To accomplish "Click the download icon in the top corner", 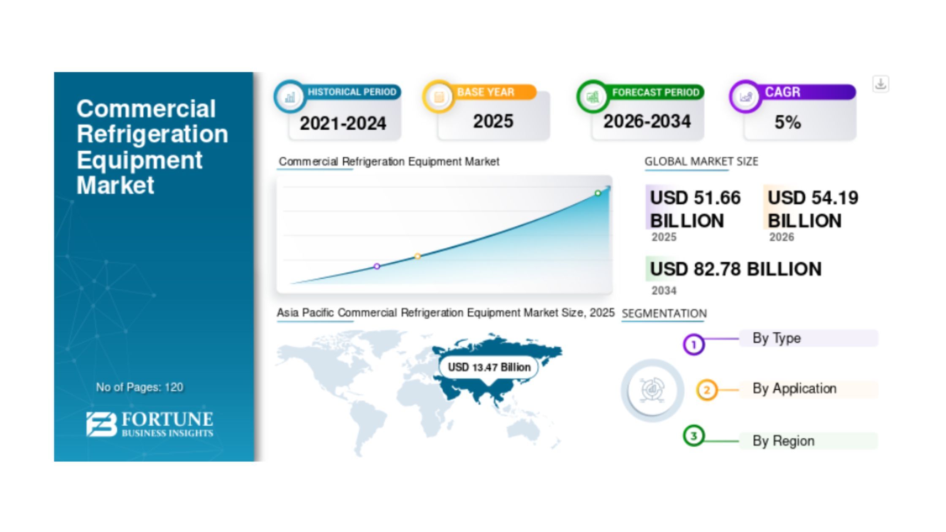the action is click(881, 84).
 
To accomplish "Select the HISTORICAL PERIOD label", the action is click(352, 92).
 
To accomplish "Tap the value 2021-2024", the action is click(343, 123).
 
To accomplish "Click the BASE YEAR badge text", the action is click(486, 92).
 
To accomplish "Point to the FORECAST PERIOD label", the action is click(656, 92).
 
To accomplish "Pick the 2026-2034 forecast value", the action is click(647, 122).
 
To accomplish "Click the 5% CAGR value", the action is click(788, 122).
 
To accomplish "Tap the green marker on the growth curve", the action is click(598, 193).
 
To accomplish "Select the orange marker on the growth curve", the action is click(417, 256).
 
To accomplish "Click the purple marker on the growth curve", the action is click(377, 266).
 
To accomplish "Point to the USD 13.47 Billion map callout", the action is click(489, 367).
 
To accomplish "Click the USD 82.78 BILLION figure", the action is click(736, 269).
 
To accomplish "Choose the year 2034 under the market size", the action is click(664, 290).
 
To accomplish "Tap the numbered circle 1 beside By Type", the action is click(693, 345).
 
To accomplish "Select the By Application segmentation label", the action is click(794, 388).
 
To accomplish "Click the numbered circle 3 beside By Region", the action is click(693, 436).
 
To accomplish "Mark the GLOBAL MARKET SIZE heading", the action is click(701, 161).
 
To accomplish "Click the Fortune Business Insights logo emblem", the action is click(101, 424).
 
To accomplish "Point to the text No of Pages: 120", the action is click(139, 387).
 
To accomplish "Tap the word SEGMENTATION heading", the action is click(664, 313).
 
